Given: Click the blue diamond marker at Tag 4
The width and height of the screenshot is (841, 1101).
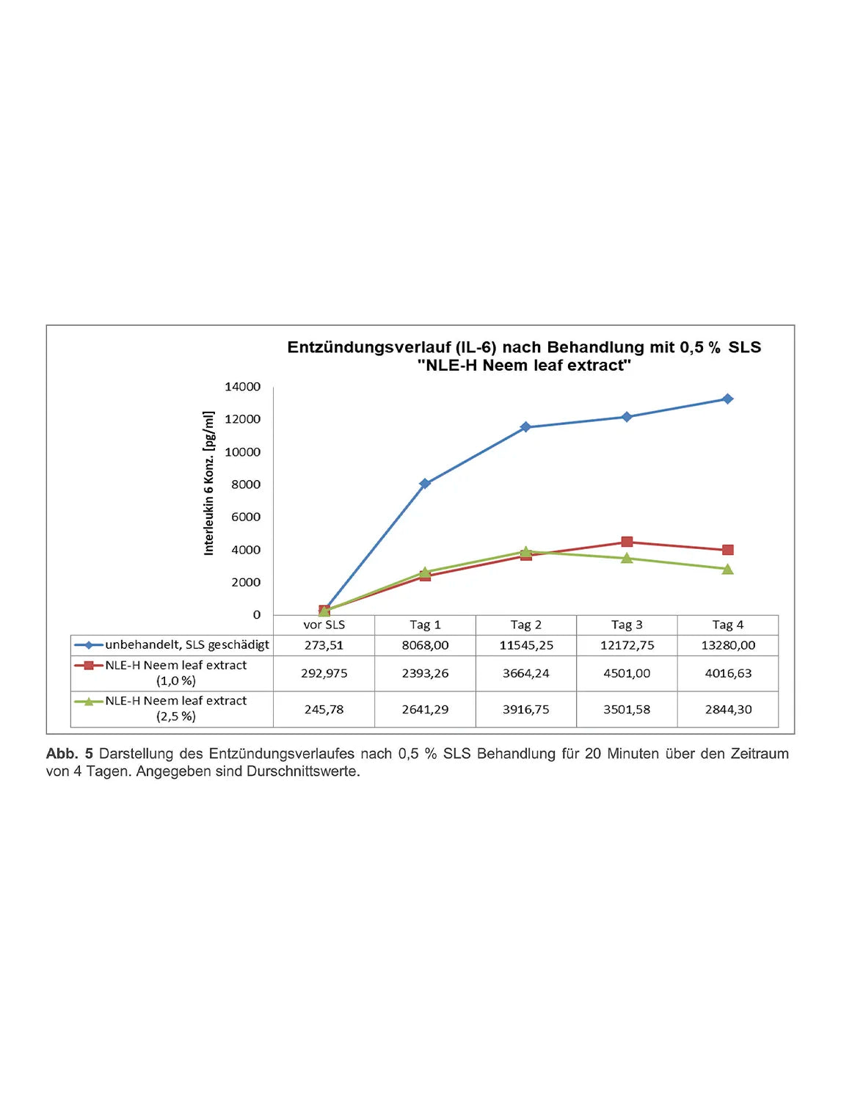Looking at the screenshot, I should click(727, 399).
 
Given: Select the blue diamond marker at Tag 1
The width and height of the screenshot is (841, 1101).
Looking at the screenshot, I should click(425, 484).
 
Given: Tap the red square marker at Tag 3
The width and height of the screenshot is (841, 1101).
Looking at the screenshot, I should click(627, 542).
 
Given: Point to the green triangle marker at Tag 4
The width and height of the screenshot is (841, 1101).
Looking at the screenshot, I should click(727, 569).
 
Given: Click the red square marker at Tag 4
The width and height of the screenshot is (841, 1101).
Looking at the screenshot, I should click(727, 550).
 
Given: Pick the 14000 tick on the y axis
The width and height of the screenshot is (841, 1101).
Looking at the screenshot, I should click(242, 387).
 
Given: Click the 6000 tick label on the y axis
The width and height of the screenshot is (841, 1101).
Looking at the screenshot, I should click(245, 517).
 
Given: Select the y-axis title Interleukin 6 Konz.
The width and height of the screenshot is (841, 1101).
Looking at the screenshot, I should click(209, 483).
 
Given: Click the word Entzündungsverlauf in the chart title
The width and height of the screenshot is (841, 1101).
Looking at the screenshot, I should click(368, 347).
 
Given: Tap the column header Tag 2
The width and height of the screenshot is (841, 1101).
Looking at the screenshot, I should click(525, 625).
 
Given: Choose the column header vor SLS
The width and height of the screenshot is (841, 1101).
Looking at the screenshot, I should click(324, 625).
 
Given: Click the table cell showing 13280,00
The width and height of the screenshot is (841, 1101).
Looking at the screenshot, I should click(727, 645).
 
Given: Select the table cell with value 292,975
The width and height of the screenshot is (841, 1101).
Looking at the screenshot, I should click(324, 673).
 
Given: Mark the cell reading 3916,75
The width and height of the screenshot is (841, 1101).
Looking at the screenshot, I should click(525, 709).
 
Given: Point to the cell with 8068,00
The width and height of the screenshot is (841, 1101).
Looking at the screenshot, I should click(425, 645).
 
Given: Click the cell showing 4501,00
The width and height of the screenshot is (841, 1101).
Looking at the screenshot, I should click(627, 673).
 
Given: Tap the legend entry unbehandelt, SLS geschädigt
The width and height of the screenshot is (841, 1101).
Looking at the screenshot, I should click(186, 644).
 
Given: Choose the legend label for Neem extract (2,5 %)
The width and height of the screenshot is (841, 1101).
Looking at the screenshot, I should click(176, 708).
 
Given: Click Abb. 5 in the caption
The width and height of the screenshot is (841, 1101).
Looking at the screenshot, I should click(69, 754).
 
